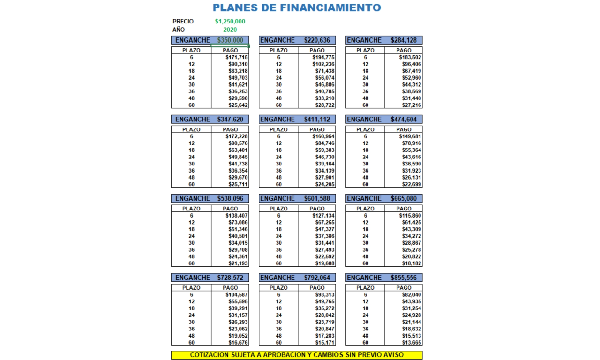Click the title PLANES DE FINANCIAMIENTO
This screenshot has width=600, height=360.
pyautogui.click(x=296, y=7)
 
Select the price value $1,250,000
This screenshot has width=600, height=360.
pyautogui.click(x=230, y=21)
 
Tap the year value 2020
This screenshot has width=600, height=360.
pyautogui.click(x=230, y=30)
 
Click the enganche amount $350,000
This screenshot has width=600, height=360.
pyautogui.click(x=230, y=40)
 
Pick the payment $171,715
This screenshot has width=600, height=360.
pyautogui.click(x=236, y=57)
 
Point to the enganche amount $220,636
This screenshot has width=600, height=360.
pyautogui.click(x=317, y=40)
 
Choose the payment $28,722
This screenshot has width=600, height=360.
pyautogui.click(x=324, y=105)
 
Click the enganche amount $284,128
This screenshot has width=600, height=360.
pyautogui.click(x=404, y=40)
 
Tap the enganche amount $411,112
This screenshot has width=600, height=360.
pyautogui.click(x=317, y=120)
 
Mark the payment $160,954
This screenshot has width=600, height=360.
pyautogui.click(x=323, y=136)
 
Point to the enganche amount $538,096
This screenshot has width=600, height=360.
pyautogui.click(x=230, y=199)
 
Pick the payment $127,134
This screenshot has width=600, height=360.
pyautogui.click(x=323, y=216)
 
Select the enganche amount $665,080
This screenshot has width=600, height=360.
pyautogui.click(x=404, y=199)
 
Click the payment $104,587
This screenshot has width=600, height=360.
pyautogui.click(x=236, y=295)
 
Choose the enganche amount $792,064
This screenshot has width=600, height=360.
pyautogui.click(x=317, y=278)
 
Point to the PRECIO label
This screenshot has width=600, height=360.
pyautogui.click(x=183, y=21)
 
